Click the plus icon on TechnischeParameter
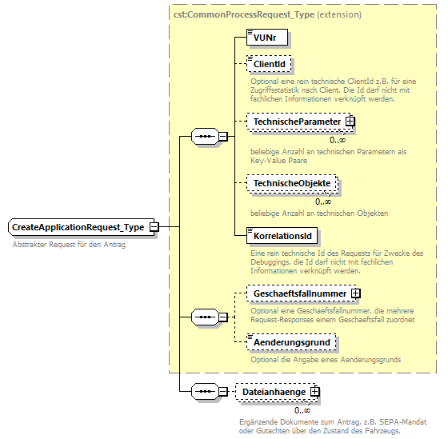click(350, 122)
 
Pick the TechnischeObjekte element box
click(291, 184)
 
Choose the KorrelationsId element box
click(283, 236)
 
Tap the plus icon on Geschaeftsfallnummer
click(356, 294)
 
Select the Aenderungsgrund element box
click(291, 342)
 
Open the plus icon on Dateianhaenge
click(315, 392)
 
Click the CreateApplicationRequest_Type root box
click(78, 228)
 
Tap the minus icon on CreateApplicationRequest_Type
click(154, 228)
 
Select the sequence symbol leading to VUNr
click(206, 137)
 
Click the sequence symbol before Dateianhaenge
click(206, 392)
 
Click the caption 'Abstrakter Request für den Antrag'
click(69, 245)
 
